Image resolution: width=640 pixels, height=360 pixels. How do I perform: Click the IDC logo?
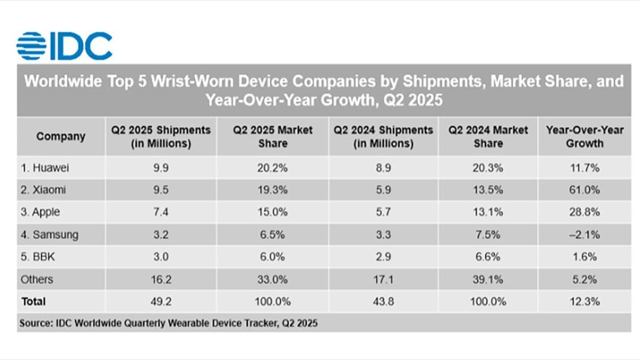64,46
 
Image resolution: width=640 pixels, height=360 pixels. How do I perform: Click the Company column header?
61,136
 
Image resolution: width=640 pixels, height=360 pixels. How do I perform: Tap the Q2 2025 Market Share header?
272,136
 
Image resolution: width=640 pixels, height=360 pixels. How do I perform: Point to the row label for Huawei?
45,167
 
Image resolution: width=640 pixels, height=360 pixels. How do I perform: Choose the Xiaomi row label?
44,189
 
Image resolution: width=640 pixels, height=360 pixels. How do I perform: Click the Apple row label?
41,212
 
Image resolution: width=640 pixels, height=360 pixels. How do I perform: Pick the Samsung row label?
49,234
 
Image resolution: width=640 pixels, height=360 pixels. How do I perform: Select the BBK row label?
38,257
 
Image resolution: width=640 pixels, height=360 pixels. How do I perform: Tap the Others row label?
37,279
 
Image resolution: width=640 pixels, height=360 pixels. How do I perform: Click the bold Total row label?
34,301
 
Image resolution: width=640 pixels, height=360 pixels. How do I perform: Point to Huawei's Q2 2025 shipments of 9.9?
161,167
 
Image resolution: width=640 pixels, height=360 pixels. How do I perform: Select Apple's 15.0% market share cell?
272,212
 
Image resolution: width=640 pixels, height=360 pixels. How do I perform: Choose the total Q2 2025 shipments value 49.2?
161,301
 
